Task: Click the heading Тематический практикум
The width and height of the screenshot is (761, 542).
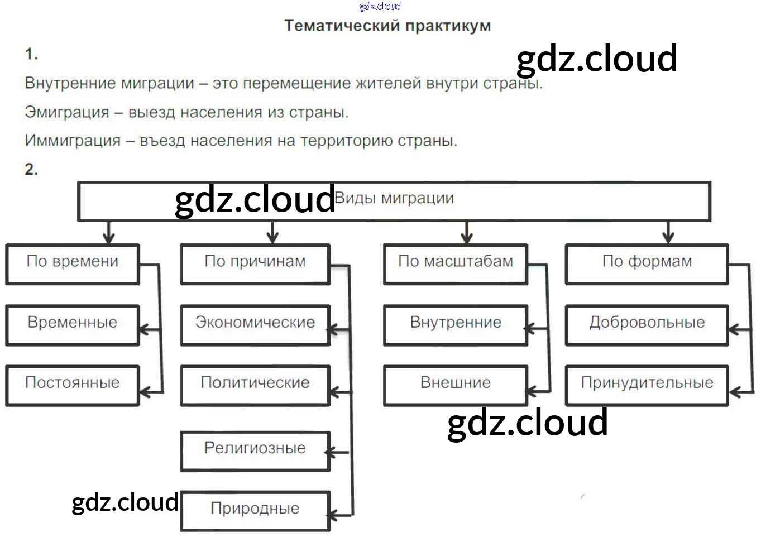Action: (x=387, y=26)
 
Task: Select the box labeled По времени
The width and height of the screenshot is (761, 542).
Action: (x=73, y=263)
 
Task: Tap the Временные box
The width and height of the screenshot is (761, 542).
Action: (x=73, y=324)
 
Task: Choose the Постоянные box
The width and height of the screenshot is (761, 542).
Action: (x=73, y=385)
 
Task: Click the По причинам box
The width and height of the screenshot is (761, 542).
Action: (x=255, y=263)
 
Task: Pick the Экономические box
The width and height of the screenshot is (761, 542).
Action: (x=255, y=324)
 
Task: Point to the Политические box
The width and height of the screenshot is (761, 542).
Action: (x=255, y=385)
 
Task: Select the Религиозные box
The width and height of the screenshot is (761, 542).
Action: (x=255, y=450)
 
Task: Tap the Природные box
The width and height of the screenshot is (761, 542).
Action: (x=255, y=510)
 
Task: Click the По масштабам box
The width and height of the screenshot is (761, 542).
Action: (x=456, y=263)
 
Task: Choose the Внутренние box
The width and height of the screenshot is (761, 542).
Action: (x=456, y=324)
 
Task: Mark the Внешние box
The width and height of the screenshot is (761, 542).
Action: (x=456, y=385)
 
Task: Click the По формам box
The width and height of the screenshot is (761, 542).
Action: (x=647, y=263)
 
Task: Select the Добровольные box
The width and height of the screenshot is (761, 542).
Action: (x=647, y=324)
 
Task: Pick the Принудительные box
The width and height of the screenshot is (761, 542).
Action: (x=647, y=385)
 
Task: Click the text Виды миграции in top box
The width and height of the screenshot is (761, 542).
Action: (x=394, y=198)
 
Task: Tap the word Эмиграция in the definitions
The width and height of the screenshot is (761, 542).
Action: (x=67, y=112)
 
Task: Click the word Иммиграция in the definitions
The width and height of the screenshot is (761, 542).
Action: (x=73, y=141)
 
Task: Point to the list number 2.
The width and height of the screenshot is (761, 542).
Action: (x=31, y=169)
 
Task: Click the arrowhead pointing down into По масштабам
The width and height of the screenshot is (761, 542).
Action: (x=467, y=238)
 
